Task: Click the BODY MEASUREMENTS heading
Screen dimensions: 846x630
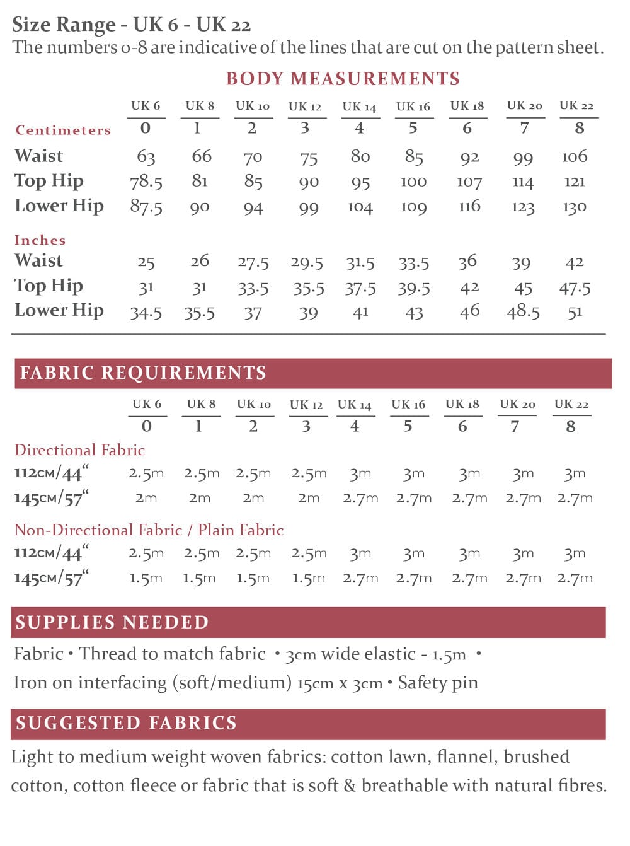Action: point(343,79)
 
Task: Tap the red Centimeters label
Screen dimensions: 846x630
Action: point(63,130)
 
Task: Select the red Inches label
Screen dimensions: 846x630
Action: point(40,240)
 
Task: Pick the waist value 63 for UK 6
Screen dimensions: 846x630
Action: point(146,156)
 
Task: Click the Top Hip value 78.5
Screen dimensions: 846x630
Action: point(146,182)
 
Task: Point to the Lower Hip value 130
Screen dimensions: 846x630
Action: point(574,207)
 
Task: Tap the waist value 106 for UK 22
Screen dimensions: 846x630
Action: point(575,156)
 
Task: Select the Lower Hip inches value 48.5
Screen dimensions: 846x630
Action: point(523,311)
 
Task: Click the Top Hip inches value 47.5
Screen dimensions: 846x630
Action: point(575,288)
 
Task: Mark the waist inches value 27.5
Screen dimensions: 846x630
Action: point(253,262)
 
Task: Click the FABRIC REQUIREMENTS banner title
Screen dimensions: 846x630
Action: point(143,373)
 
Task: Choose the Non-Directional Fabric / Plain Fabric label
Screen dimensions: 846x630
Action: point(149,530)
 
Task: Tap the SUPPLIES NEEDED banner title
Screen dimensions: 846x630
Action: point(112,622)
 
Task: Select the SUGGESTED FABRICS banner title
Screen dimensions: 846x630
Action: point(126,723)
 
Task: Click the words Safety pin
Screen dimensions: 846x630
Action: point(438,683)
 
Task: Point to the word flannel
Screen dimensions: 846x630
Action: point(463,756)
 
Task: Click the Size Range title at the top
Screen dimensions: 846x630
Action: point(132,25)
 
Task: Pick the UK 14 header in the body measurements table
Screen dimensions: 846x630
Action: point(359,107)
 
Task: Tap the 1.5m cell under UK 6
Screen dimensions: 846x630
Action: point(146,578)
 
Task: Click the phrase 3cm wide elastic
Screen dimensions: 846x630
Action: point(350,654)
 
